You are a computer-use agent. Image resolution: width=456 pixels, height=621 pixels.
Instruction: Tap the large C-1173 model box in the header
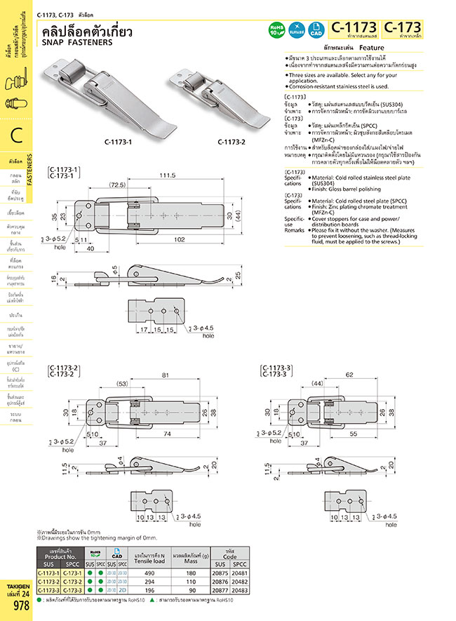[x=354, y=29]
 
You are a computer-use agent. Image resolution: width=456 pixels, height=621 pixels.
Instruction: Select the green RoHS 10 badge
[x=277, y=29]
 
